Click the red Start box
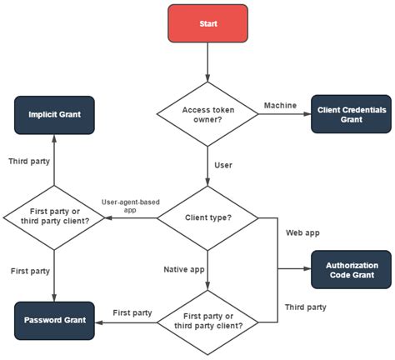(x=207, y=24)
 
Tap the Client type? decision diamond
(x=207, y=218)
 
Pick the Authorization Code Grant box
(x=351, y=269)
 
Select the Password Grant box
(x=54, y=320)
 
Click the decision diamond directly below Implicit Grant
(x=54, y=219)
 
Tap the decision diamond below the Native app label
(x=207, y=320)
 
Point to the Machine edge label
(x=280, y=105)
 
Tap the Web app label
(x=302, y=232)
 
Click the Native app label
(x=184, y=269)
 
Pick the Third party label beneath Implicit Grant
(x=29, y=160)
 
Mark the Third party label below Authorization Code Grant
(x=305, y=307)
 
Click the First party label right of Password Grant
(x=132, y=312)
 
